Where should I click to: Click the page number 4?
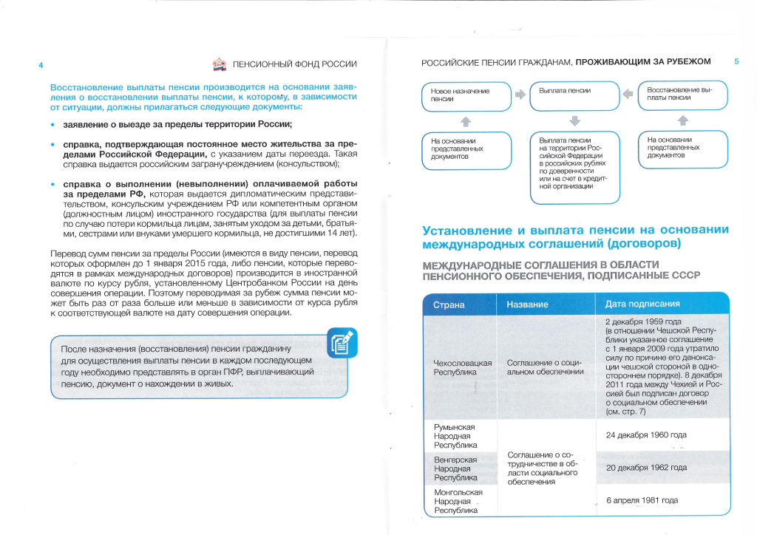[41, 65]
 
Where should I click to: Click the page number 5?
[736, 61]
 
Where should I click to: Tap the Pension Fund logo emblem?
[220, 65]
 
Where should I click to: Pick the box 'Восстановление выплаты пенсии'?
[682, 95]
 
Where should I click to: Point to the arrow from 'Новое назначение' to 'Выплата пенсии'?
[520, 95]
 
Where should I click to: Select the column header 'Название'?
[527, 304]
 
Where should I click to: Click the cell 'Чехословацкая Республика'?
[462, 367]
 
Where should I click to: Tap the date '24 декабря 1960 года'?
[646, 435]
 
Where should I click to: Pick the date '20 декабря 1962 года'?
[646, 468]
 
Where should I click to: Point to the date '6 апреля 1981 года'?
[642, 500]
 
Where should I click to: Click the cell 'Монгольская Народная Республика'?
[458, 501]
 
